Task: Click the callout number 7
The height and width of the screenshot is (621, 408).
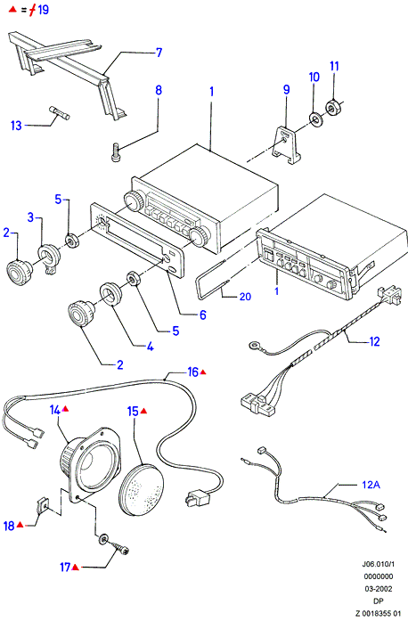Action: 159,53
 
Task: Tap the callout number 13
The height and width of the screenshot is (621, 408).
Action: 16,126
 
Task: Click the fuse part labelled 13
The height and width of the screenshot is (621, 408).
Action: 59,112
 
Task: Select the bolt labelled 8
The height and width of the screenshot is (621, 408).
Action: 116,152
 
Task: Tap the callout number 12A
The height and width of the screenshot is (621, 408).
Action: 371,485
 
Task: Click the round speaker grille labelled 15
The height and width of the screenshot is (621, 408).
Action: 142,489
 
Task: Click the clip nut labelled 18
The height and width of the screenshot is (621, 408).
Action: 43,504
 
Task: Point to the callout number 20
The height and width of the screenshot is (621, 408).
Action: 245,296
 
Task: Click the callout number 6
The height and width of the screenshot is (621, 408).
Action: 203,315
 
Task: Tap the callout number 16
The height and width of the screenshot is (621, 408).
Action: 193,372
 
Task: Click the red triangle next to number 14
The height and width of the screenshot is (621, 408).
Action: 65,408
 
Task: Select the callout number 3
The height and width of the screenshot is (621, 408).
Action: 30,217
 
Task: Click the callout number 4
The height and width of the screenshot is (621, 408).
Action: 150,347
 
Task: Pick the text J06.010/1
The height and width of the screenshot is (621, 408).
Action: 379,564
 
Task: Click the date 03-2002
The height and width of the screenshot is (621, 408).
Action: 379,589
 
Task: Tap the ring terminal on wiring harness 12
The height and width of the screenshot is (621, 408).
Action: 253,347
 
